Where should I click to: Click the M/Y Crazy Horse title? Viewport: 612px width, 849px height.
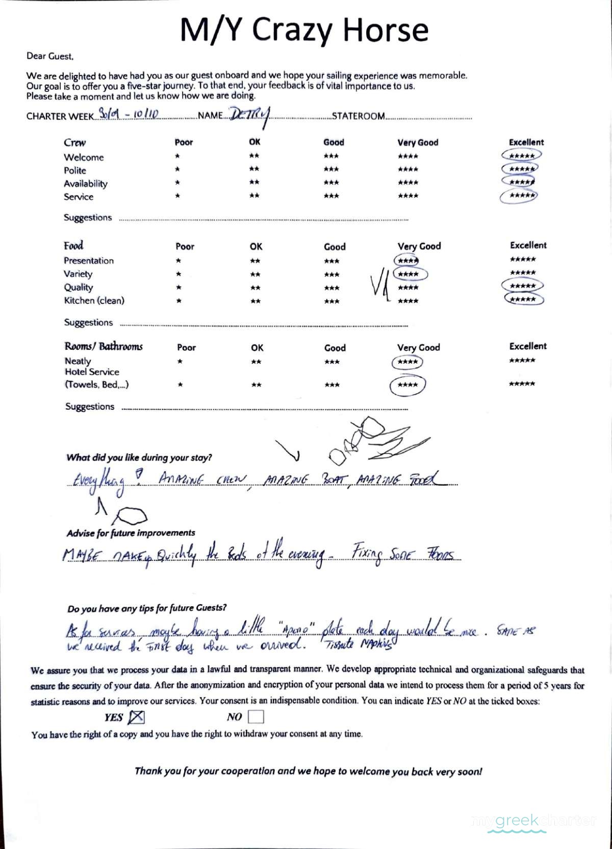point(304,30)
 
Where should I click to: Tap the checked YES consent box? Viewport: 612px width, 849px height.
point(136,717)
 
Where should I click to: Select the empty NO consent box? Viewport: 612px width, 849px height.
point(256,717)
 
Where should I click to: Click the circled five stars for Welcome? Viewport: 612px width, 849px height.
point(521,156)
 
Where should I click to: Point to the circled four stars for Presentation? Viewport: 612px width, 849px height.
point(407,261)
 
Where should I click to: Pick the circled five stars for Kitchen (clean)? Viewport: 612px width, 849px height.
point(523,299)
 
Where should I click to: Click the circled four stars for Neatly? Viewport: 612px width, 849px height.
point(407,362)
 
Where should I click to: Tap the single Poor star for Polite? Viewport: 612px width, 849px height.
point(177,169)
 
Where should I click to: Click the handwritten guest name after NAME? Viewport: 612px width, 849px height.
point(249,115)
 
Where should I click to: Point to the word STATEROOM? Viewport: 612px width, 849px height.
point(359,116)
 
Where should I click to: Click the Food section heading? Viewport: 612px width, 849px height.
point(73,246)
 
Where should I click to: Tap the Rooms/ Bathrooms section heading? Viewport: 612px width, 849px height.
point(104,347)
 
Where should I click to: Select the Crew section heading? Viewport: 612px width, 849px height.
point(74,143)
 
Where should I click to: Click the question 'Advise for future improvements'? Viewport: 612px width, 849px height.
point(131,533)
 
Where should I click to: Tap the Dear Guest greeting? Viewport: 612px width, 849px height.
point(50,56)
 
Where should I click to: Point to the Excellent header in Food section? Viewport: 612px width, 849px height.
point(528,245)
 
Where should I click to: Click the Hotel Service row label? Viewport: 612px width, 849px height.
point(92,372)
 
